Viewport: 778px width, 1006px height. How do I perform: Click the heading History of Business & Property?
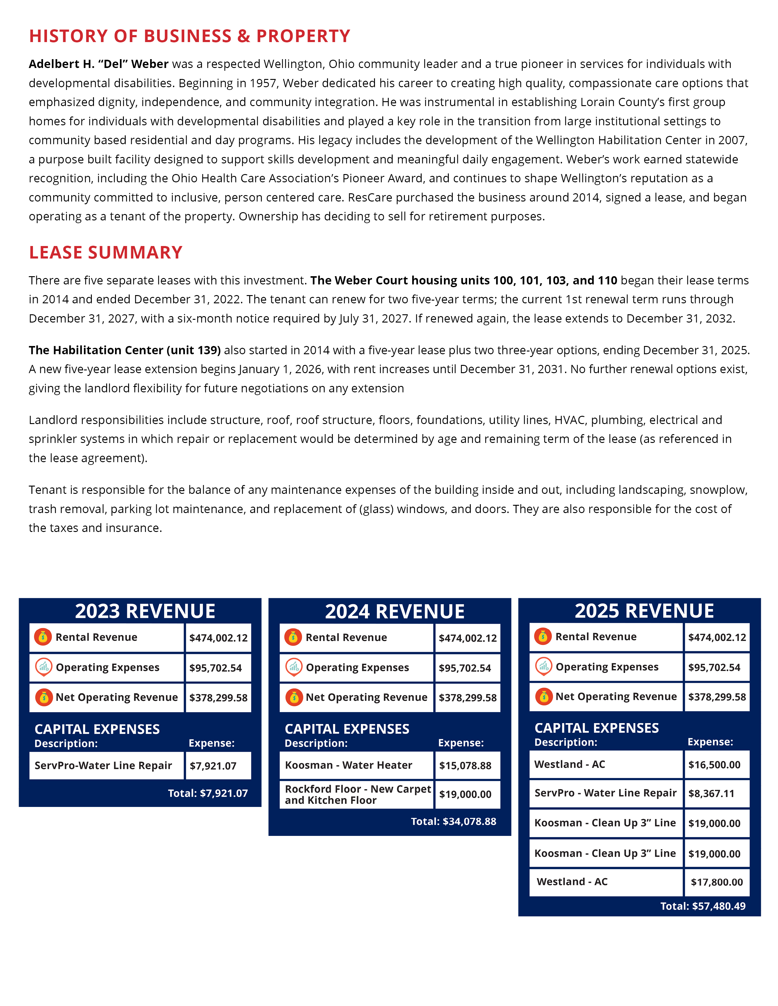pos(189,36)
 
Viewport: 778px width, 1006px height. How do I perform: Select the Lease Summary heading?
pos(106,252)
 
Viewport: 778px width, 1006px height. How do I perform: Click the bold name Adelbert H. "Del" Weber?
pos(99,64)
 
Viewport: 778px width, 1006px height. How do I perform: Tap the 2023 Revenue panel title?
pos(145,611)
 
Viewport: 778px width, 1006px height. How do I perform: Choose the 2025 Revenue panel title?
pos(644,611)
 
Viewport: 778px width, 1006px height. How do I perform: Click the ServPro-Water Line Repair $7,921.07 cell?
pos(218,765)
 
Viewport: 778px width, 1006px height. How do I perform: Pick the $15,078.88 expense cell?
pos(467,765)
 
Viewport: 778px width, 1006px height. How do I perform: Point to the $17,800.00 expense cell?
pos(717,882)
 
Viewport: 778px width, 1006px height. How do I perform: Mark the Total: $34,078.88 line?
pos(453,821)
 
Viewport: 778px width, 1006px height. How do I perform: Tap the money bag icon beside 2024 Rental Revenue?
pos(294,637)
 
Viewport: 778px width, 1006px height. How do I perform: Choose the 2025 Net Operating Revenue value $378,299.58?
pos(717,697)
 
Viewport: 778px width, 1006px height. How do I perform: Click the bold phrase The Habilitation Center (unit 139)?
pos(124,350)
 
